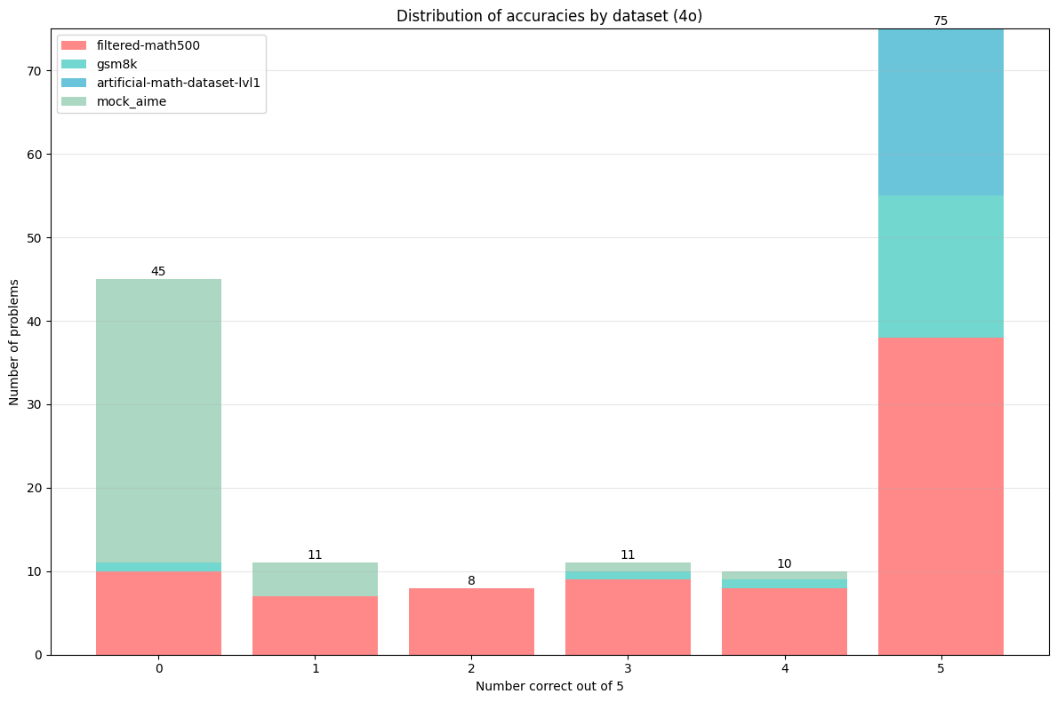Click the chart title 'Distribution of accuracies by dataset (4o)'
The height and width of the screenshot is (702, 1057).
pyautogui.click(x=549, y=16)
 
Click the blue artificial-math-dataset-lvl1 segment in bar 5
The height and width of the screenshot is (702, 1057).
pyautogui.click(x=941, y=112)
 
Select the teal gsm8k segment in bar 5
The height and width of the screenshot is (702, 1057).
pyautogui.click(x=941, y=267)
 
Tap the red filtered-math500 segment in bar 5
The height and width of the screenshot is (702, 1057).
pyautogui.click(x=941, y=496)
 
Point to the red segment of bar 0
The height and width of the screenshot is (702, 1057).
pyautogui.click(x=158, y=613)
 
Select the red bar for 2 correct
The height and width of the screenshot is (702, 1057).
pyautogui.click(x=471, y=621)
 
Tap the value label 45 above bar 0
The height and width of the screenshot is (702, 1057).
pyautogui.click(x=158, y=271)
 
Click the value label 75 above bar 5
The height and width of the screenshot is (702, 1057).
pyautogui.click(x=941, y=20)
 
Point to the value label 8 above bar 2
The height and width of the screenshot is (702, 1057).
pyautogui.click(x=471, y=580)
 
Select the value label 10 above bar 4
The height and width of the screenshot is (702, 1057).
pyautogui.click(x=784, y=563)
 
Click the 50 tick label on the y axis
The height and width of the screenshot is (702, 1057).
pyautogui.click(x=35, y=238)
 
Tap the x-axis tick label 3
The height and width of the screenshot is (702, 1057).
pyautogui.click(x=628, y=668)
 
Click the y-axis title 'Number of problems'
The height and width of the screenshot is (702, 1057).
pyautogui.click(x=14, y=341)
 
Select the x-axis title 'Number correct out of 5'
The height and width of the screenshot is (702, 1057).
pyautogui.click(x=549, y=686)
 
